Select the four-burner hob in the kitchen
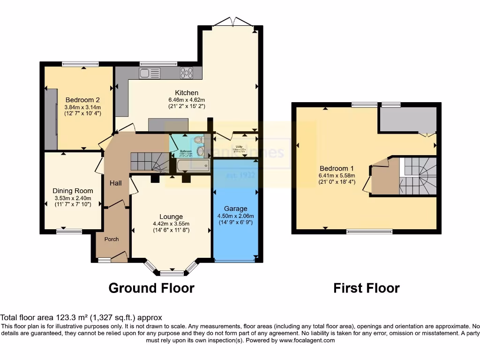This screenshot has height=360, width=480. click(187, 73)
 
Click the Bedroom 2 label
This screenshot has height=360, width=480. click(82, 100)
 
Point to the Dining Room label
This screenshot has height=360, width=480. click(73, 191)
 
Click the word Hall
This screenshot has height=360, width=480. click(116, 183)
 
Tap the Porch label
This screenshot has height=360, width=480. click(112, 239)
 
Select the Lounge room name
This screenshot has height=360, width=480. click(171, 217)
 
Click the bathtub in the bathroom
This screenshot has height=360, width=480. click(193, 165)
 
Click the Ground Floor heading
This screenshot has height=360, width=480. click(151, 287)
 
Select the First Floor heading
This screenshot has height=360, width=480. click(366, 287)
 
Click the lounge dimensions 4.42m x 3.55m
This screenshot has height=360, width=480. click(171, 224)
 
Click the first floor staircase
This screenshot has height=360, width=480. click(418, 176)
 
